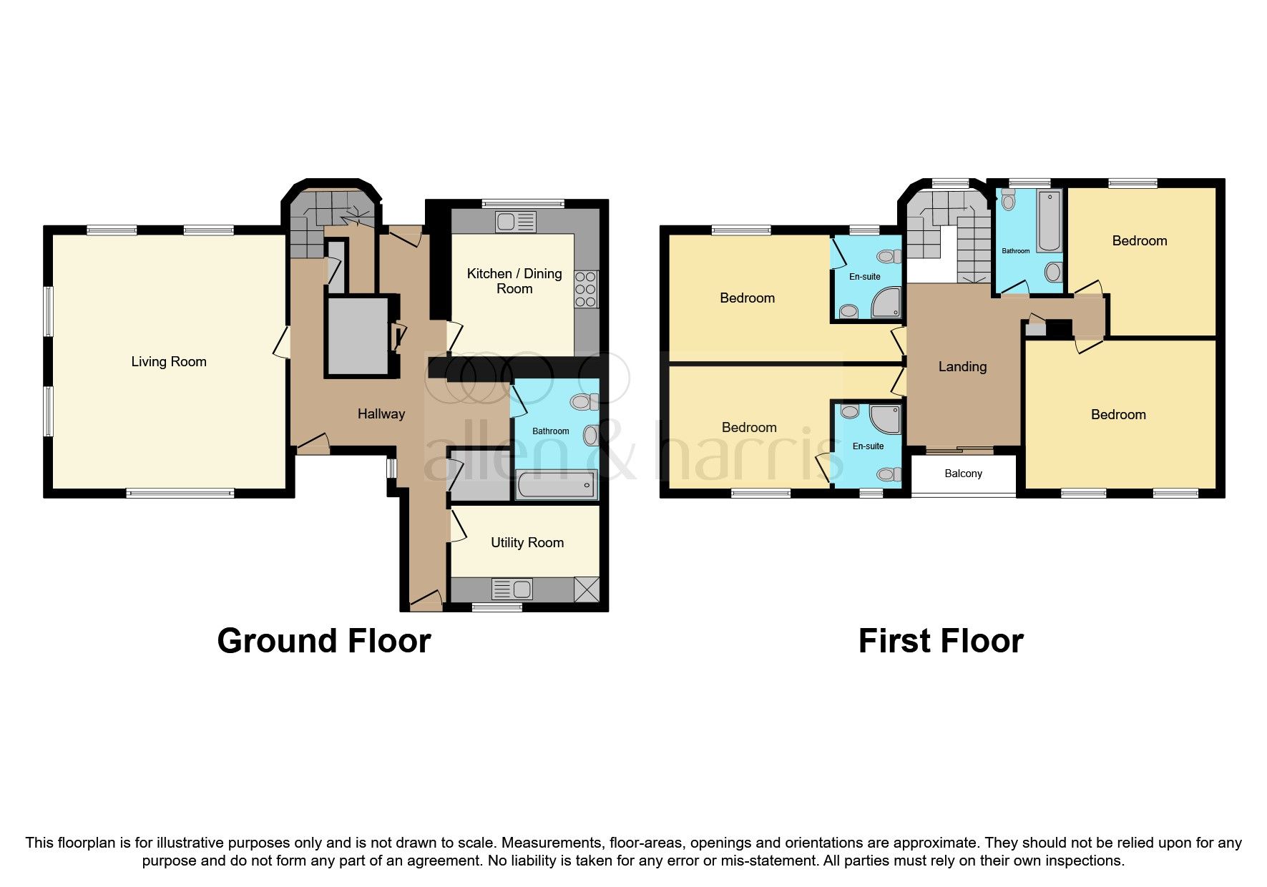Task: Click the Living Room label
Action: point(169,362)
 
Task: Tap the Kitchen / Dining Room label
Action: point(514,281)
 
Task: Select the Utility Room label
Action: point(527,543)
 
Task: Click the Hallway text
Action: point(381,413)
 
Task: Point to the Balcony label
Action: point(963,474)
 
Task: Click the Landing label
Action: point(962,367)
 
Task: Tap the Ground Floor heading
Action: point(323,641)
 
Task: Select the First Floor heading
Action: point(940,641)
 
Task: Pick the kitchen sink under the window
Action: point(517,222)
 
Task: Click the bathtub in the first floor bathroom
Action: point(1050,221)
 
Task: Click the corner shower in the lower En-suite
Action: point(887,419)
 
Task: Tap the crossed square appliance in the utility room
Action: point(587,590)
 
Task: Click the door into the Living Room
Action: point(282,343)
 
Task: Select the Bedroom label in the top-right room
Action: point(1139,241)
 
